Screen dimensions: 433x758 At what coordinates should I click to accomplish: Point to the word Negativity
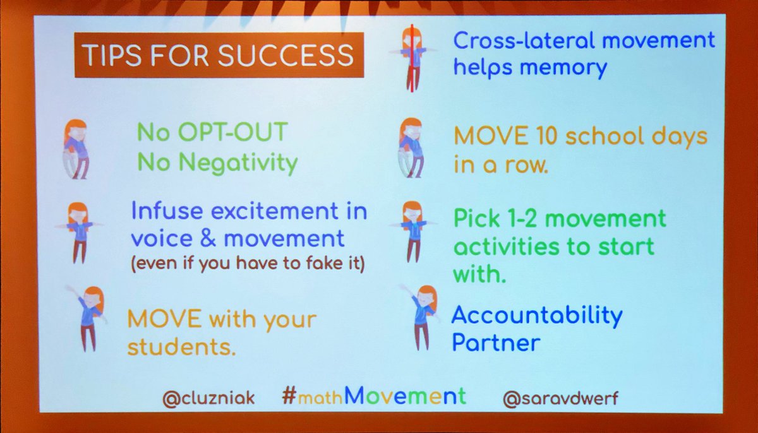(238, 163)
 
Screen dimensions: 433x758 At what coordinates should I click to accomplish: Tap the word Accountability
(537, 314)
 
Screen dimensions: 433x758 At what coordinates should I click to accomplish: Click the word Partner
(496, 343)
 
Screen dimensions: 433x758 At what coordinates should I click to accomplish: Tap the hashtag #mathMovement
(374, 396)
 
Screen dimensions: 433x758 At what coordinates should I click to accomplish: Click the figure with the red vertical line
(412, 56)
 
